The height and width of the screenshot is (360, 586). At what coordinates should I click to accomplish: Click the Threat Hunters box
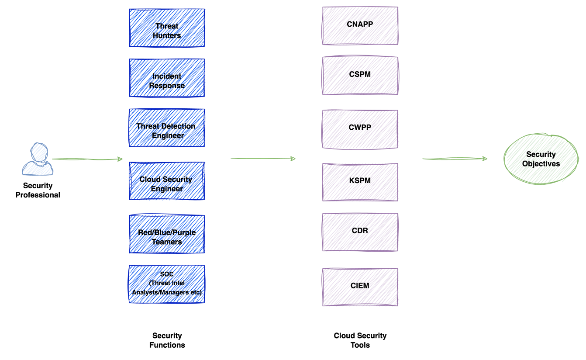(167, 28)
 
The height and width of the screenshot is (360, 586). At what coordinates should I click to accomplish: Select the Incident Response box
(167, 78)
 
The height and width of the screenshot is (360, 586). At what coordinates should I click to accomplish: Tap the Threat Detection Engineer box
(167, 128)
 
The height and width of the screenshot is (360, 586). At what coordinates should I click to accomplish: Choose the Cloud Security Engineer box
(167, 181)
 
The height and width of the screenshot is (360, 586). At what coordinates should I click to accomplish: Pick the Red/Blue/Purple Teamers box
(167, 234)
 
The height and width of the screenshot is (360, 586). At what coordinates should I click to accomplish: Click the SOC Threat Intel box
(167, 284)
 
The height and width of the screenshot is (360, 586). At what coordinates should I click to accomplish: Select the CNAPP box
(360, 25)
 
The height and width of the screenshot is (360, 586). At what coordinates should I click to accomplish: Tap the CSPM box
(360, 75)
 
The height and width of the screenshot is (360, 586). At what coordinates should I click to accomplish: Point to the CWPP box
(360, 129)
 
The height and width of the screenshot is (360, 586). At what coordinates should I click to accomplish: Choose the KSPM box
(360, 182)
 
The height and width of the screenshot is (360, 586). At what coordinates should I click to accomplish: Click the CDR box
(360, 232)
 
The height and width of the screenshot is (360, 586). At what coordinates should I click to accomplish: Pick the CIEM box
(360, 287)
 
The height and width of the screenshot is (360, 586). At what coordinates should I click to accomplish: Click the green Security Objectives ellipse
(541, 159)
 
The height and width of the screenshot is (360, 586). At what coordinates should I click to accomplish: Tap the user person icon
(38, 160)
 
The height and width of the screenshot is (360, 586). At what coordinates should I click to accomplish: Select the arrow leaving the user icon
(87, 159)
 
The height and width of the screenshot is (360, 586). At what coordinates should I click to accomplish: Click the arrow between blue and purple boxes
(263, 159)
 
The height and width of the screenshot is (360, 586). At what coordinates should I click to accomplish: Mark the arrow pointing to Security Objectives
(455, 159)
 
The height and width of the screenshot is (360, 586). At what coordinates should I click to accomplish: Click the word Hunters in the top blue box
(167, 35)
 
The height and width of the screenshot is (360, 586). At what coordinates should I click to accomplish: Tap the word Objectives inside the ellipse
(541, 164)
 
